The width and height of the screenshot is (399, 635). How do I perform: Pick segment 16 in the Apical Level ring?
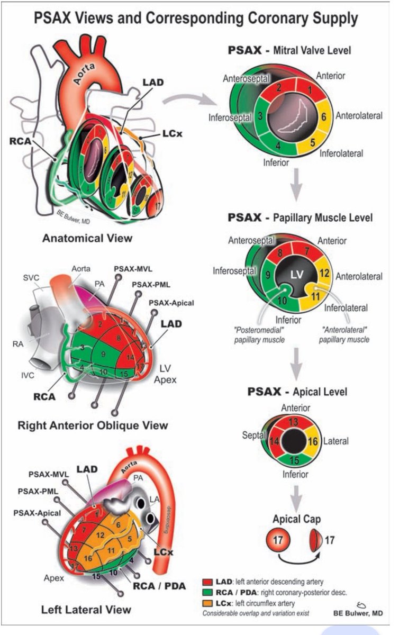click(312, 441)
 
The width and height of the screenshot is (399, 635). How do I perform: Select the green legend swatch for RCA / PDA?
click(207, 593)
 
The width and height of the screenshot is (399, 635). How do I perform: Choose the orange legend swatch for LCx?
click(207, 603)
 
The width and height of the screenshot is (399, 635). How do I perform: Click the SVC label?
click(31, 277)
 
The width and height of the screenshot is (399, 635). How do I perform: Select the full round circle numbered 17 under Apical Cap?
click(279, 541)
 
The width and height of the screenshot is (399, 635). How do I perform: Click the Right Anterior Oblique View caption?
click(93, 425)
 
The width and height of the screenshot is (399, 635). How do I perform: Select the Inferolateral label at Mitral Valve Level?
click(341, 153)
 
